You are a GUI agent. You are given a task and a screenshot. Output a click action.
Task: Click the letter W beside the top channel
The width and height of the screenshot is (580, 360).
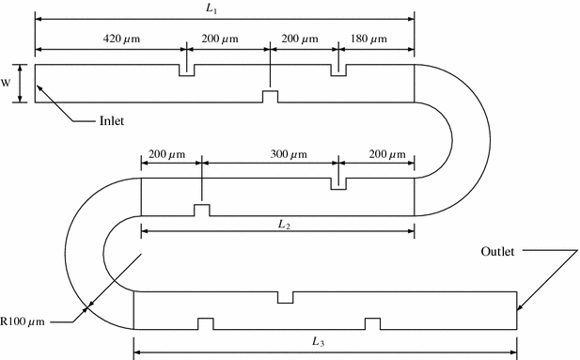pyautogui.click(x=7, y=82)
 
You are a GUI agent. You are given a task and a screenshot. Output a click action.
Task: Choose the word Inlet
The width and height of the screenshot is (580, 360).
pyautogui.click(x=113, y=120)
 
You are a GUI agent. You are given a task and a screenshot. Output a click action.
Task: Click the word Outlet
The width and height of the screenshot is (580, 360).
pyautogui.click(x=498, y=252)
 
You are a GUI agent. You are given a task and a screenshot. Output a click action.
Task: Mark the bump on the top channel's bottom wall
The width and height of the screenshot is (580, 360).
pyautogui.click(x=270, y=96)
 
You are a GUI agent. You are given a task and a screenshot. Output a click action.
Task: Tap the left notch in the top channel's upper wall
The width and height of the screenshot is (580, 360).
pyautogui.click(x=187, y=70)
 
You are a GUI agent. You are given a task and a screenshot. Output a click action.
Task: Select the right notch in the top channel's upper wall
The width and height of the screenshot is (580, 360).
pyautogui.click(x=338, y=70)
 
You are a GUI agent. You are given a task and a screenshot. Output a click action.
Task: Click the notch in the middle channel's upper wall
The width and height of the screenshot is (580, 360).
pyautogui.click(x=338, y=183)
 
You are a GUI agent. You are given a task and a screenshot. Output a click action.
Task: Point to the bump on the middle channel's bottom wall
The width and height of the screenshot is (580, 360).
pyautogui.click(x=201, y=210)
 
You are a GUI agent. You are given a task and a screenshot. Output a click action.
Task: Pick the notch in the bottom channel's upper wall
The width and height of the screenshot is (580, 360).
pyautogui.click(x=285, y=298)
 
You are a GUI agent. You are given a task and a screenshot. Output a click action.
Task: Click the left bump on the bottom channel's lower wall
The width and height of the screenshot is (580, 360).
pyautogui.click(x=205, y=323)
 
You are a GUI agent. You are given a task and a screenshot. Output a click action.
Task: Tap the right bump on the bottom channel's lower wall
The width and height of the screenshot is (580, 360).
pyautogui.click(x=373, y=323)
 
